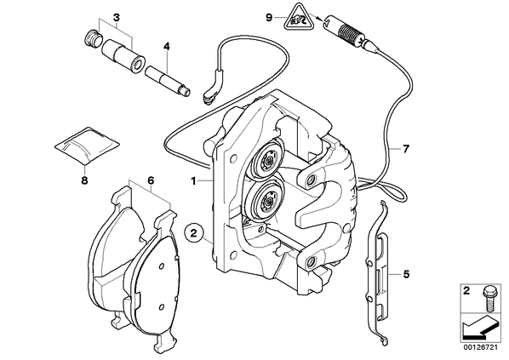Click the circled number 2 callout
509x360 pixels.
pos(194,232)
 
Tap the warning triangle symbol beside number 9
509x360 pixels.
pos(299,18)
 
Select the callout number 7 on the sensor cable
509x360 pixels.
pos(406,149)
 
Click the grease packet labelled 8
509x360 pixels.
pos(86,146)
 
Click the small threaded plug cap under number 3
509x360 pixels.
pos(93,39)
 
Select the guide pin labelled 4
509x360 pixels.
pos(168,81)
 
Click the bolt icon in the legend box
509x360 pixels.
pos(488,299)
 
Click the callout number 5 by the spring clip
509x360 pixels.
pos(406,274)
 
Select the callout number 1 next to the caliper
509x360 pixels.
pos(193,181)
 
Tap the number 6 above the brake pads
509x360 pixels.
pos(151,180)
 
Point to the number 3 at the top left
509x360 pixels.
pos(117,18)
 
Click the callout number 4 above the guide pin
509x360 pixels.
pos(167,47)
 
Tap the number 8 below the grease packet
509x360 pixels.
pos(84,180)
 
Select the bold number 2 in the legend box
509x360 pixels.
pos(466,291)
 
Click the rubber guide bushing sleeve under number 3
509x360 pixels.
pos(123,57)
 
